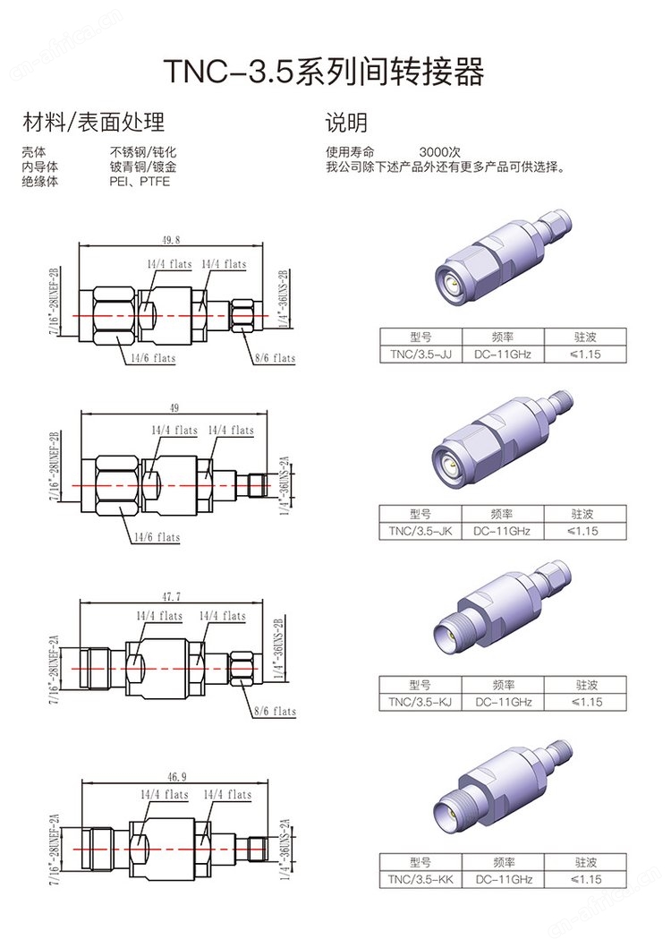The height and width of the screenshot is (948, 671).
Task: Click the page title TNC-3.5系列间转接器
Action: point(323,72)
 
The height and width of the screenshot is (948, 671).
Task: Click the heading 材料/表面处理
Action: point(93,123)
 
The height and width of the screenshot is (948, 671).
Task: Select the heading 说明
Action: point(346,123)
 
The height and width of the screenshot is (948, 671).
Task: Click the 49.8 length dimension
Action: point(171,240)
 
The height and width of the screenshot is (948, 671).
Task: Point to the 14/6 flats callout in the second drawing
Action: point(157,537)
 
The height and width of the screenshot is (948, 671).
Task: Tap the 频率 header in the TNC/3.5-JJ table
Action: point(502,337)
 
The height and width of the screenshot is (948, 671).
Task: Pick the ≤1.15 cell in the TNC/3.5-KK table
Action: point(584,880)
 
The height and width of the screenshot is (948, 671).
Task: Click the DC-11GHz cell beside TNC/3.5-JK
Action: point(502,531)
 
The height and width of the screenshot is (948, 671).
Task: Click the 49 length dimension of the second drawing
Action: point(174,407)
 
